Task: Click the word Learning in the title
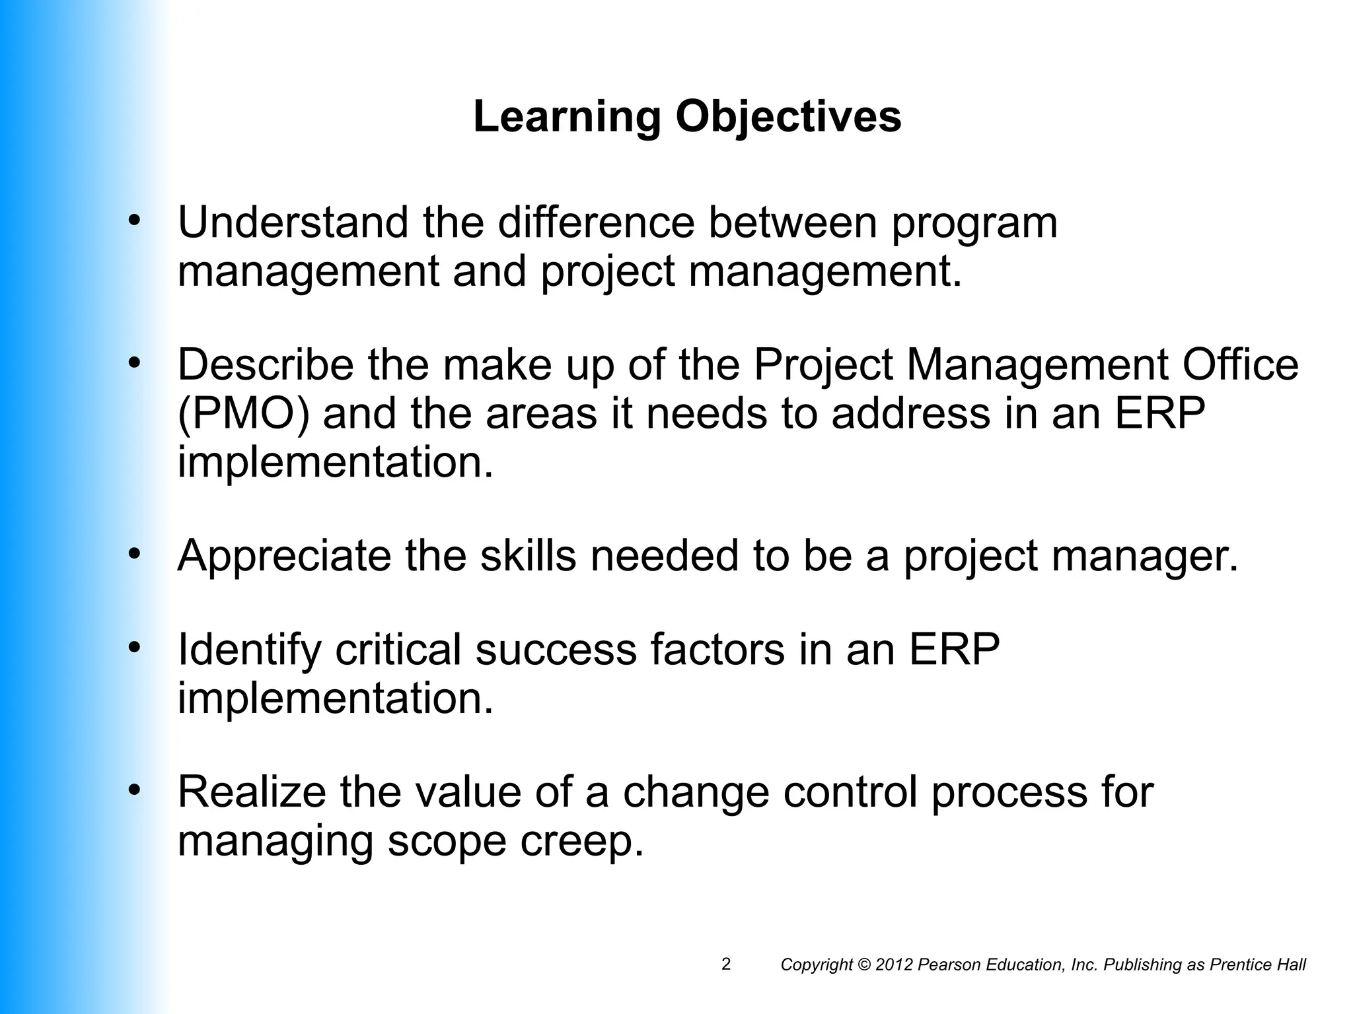click(567, 118)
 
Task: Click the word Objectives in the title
click(788, 118)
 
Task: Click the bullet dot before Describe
click(135, 362)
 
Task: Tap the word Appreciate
click(284, 557)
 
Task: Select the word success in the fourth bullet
click(556, 650)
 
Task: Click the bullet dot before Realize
click(135, 790)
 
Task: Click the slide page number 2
click(726, 964)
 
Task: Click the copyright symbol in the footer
click(864, 965)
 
